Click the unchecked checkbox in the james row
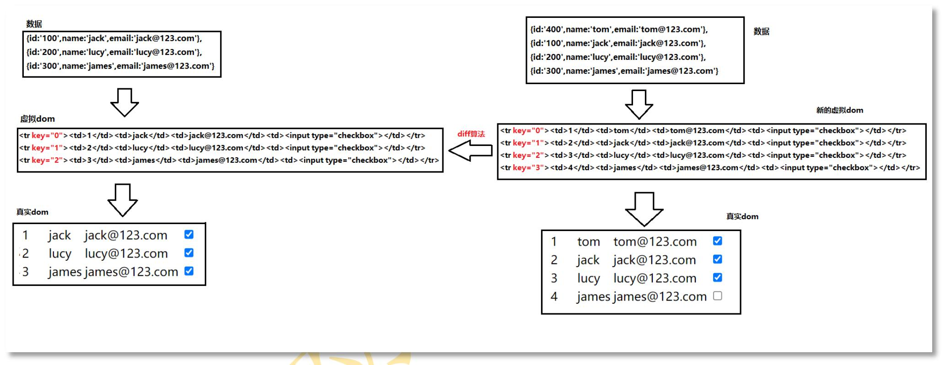(717, 296)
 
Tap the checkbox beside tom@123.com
(717, 241)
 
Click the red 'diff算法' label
(471, 134)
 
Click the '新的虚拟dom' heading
(839, 110)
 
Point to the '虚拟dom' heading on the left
(38, 119)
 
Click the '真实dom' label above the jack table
(32, 212)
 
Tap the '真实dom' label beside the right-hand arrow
(742, 216)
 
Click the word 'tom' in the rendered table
(588, 242)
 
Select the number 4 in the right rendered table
(554, 296)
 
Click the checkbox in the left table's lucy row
(189, 253)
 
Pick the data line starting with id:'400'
(619, 29)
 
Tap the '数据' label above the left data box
(34, 24)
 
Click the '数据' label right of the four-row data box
(761, 32)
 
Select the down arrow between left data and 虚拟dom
(124, 102)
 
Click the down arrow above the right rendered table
(644, 209)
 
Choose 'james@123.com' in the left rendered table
(131, 272)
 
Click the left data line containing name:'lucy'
(114, 52)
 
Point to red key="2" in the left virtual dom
(47, 160)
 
